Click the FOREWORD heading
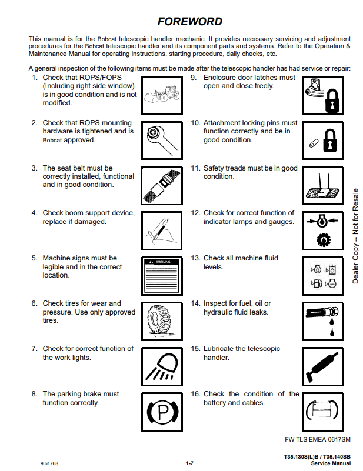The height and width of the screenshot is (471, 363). tap(189, 22)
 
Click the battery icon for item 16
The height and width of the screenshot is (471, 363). tap(322, 410)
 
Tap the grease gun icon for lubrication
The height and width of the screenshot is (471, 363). tap(322, 365)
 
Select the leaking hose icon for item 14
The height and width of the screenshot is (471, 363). tap(322, 319)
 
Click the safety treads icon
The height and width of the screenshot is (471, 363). tap(322, 183)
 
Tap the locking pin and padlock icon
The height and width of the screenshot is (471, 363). tap(322, 139)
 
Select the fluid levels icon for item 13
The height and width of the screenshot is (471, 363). tap(322, 274)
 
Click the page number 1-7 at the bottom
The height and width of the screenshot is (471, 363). tap(189, 463)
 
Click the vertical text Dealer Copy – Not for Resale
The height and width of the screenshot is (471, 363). tap(355, 236)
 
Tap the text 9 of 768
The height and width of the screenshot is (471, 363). tap(49, 463)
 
